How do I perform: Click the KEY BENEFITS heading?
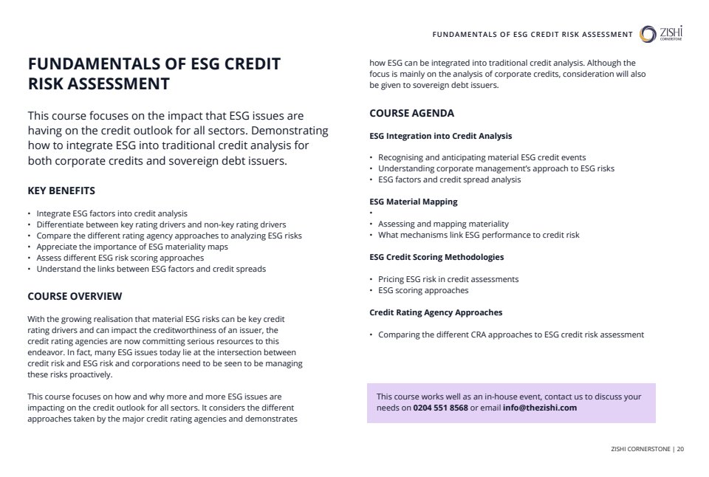point(61,191)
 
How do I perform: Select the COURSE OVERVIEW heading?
point(75,296)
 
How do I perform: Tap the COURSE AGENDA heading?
point(411,113)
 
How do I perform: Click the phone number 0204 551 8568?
point(441,408)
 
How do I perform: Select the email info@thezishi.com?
point(540,408)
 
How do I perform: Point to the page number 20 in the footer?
point(680,448)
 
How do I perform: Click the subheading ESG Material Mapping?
point(413,202)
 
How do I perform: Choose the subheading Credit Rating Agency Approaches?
point(436,312)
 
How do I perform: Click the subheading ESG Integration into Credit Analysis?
point(440,136)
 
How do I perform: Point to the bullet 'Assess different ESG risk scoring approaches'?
point(120,258)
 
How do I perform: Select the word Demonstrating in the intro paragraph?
point(290,131)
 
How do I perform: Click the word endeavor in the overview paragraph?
point(44,352)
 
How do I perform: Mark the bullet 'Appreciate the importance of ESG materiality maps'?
point(131,247)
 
